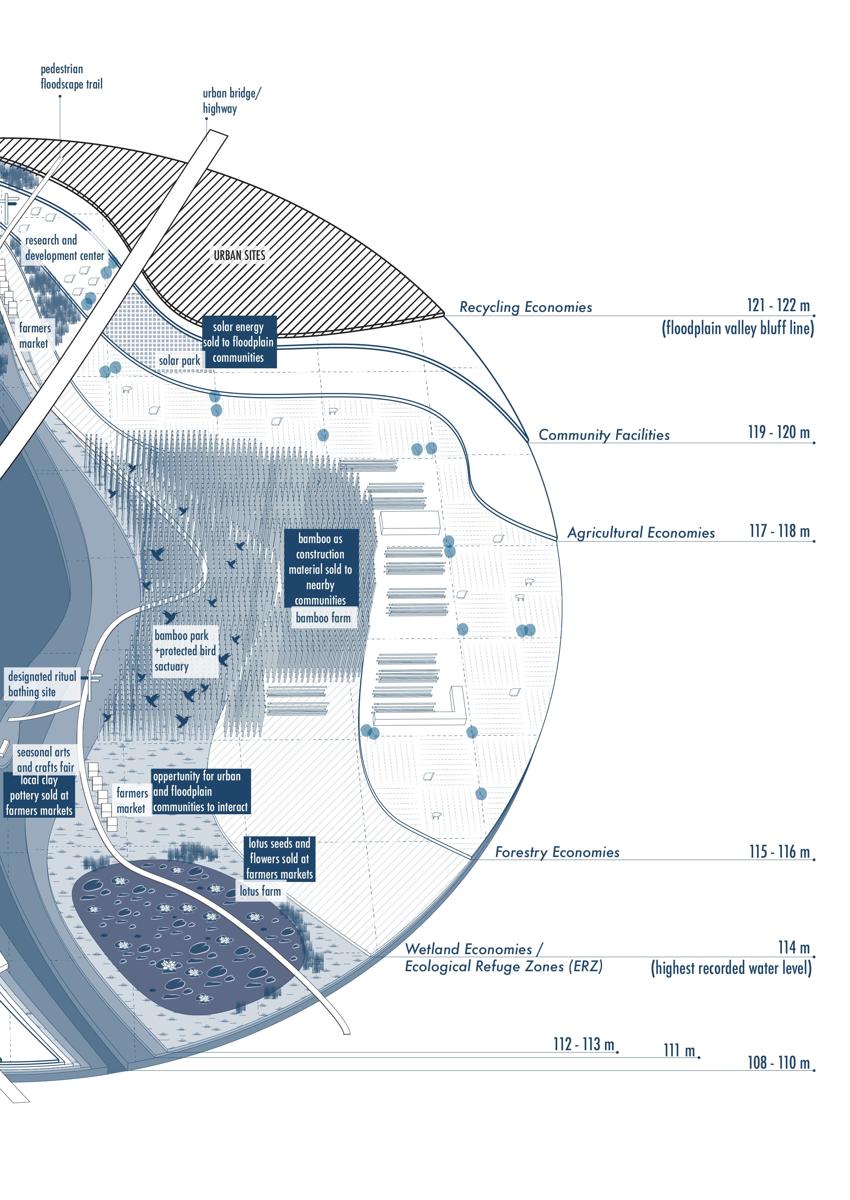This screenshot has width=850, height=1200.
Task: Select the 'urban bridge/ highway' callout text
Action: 231,101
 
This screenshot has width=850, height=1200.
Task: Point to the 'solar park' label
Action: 180,360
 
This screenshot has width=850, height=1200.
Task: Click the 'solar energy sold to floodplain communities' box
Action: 239,342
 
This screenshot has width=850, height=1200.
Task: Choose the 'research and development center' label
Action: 64,248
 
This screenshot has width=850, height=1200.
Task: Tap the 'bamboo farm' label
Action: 323,618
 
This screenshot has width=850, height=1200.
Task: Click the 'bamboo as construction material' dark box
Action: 320,569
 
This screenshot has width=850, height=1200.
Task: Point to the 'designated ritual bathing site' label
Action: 42,684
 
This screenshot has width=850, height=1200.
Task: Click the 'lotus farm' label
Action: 260,891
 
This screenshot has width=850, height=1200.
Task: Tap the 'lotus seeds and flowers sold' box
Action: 279,858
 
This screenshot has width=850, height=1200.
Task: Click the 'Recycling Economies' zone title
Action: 525,307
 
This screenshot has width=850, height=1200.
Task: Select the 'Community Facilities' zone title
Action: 604,435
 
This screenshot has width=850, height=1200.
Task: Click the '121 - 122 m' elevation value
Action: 778,305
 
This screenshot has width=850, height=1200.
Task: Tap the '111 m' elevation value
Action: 679,1050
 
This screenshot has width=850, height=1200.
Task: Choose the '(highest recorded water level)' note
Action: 731,968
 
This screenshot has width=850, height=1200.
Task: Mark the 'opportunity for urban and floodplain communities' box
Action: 200,791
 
